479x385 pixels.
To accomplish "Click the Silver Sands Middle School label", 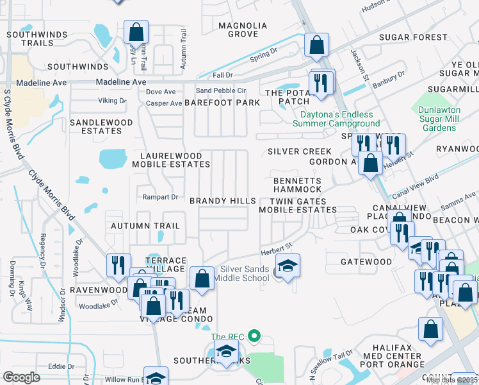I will tap(244, 273).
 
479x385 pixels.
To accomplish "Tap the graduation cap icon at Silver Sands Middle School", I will tap(288, 266).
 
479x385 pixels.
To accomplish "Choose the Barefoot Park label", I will tap(222, 103).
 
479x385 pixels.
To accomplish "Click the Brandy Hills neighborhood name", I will tap(222, 201).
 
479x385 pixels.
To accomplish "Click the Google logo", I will tap(22, 377).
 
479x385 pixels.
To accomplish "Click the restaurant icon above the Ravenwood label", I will tap(118, 266).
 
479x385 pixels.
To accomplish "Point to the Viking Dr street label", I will tap(112, 101).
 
